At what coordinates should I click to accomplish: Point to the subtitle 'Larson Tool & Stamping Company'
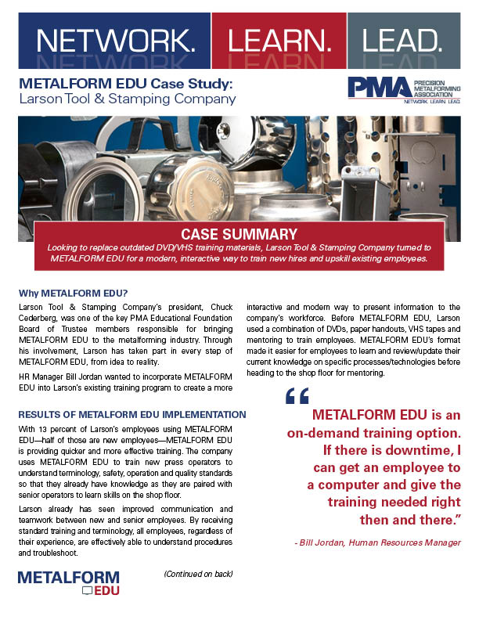126,99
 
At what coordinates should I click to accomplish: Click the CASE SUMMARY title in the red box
239,233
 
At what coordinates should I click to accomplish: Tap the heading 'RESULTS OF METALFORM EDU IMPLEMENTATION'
132,414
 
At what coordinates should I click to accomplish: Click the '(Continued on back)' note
198,575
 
